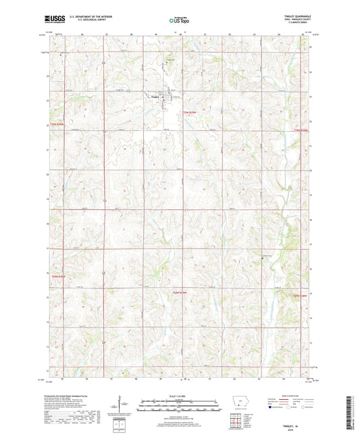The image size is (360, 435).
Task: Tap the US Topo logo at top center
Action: click(x=178, y=20)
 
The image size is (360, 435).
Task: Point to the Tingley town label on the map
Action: click(x=155, y=96)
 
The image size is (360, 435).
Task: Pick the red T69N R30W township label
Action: click(x=60, y=276)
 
